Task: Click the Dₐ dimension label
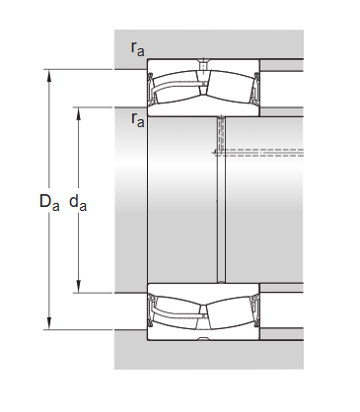pyautogui.click(x=48, y=203)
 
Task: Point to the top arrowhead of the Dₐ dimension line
pyautogui.click(x=46, y=73)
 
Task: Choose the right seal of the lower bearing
pyautogui.click(x=254, y=308)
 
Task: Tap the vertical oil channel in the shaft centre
pyautogui.click(x=220, y=207)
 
